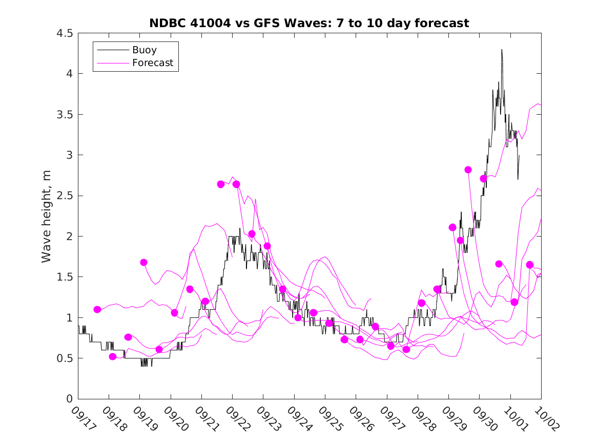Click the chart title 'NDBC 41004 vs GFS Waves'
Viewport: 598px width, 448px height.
[x=309, y=23]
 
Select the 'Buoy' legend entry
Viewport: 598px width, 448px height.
[x=144, y=50]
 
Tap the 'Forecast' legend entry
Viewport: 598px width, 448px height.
[x=152, y=63]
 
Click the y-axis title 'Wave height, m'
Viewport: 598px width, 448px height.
[x=47, y=216]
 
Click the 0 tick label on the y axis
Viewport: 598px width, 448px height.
[x=69, y=399]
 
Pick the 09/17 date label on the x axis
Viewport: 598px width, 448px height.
[x=81, y=418]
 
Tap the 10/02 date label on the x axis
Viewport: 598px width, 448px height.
[x=544, y=418]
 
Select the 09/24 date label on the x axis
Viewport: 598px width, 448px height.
[x=297, y=418]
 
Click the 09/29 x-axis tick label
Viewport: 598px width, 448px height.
[x=451, y=418]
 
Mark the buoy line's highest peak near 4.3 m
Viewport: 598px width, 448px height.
[x=502, y=50]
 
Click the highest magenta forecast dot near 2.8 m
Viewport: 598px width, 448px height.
[x=468, y=170]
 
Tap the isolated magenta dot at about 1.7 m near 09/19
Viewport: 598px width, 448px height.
[x=143, y=263]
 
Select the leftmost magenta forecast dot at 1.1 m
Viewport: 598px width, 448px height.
[x=97, y=309]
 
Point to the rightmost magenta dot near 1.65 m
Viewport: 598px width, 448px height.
[x=530, y=265]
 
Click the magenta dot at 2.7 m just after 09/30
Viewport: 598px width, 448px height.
[x=483, y=179]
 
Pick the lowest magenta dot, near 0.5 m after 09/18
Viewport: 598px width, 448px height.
[x=113, y=356]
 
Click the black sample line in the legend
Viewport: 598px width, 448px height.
[x=111, y=50]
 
